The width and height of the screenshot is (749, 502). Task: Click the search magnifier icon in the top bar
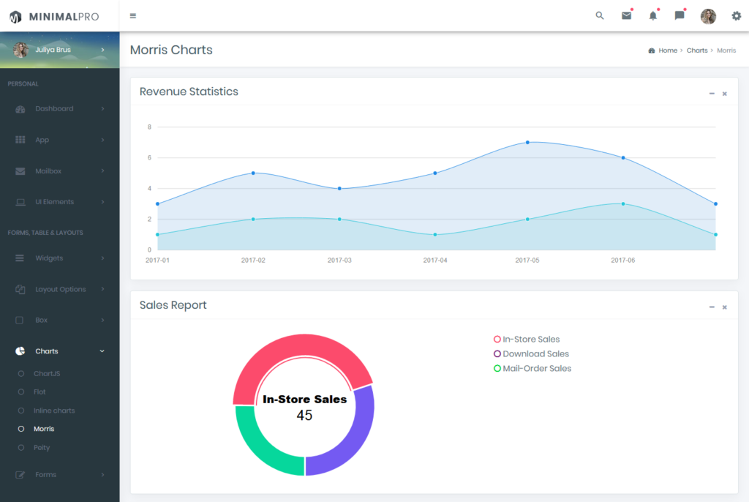pyautogui.click(x=600, y=16)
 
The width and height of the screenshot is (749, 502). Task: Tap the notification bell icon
pyautogui.click(x=653, y=16)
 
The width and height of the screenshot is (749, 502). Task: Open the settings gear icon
pyautogui.click(x=736, y=16)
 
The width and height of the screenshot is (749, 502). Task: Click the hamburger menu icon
pyautogui.click(x=133, y=16)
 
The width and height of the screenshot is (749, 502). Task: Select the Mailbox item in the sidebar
pyautogui.click(x=48, y=171)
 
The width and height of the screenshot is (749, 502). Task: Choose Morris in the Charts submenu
pyautogui.click(x=44, y=429)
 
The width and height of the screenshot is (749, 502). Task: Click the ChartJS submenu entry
pyautogui.click(x=47, y=373)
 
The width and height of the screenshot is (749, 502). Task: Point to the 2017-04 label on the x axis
pyautogui.click(x=435, y=260)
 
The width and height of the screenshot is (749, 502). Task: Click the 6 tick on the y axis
pyautogui.click(x=149, y=158)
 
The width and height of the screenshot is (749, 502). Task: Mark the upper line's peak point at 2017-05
pyautogui.click(x=527, y=143)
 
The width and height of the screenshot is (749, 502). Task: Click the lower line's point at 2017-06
pyautogui.click(x=623, y=203)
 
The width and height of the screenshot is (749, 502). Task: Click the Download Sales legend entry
pyautogui.click(x=531, y=353)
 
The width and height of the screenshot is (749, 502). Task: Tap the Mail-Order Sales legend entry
pyautogui.click(x=532, y=369)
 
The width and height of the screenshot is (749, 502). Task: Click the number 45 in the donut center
pyautogui.click(x=304, y=415)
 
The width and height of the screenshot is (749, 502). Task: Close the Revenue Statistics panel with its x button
pyautogui.click(x=725, y=94)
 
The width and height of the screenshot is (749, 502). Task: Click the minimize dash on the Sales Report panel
pyautogui.click(x=712, y=307)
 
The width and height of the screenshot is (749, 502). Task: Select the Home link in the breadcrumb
pyautogui.click(x=668, y=50)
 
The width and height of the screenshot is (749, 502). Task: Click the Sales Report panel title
pyautogui.click(x=173, y=305)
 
